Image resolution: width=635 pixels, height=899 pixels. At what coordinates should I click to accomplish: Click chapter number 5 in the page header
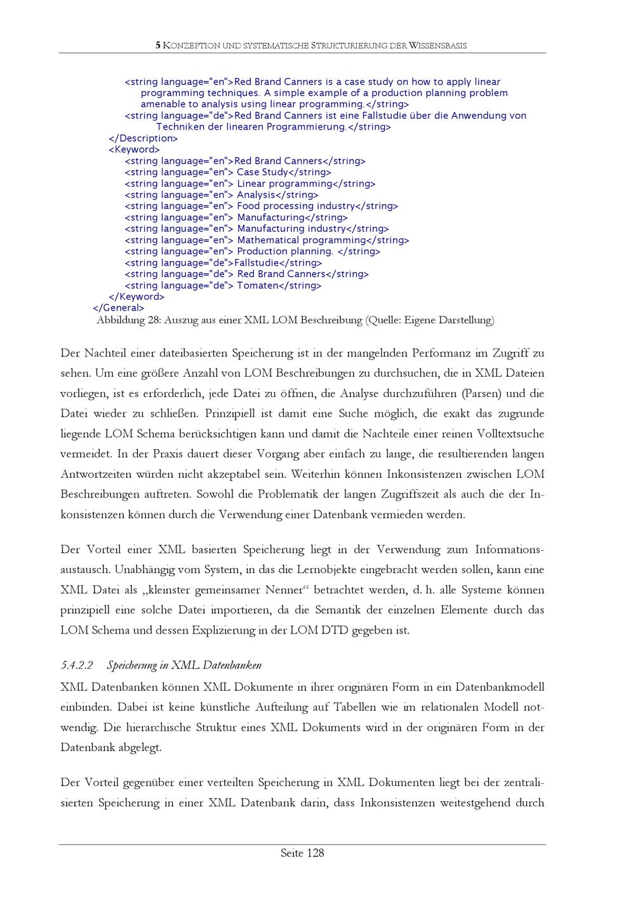click(158, 45)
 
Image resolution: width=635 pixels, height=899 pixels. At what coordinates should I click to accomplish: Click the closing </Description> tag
click(144, 139)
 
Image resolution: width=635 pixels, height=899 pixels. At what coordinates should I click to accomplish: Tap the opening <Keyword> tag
click(134, 150)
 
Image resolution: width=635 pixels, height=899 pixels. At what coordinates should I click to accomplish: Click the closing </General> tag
click(119, 308)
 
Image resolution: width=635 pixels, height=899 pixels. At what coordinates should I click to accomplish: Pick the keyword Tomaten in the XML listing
click(257, 286)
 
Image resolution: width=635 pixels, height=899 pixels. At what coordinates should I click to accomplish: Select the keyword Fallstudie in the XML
click(257, 263)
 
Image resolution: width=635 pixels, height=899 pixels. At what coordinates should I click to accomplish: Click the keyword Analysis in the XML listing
click(256, 195)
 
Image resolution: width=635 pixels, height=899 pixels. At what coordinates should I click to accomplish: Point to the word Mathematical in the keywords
click(268, 240)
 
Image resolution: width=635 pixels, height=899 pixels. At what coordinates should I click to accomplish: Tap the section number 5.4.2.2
click(77, 665)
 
